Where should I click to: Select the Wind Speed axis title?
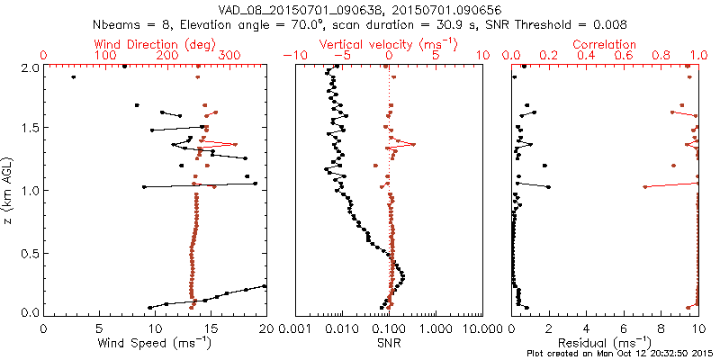click(x=156, y=342)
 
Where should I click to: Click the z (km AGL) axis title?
click(x=10, y=189)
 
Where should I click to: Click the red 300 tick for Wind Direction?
click(x=229, y=56)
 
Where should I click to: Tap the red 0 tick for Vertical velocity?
click(x=389, y=56)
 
